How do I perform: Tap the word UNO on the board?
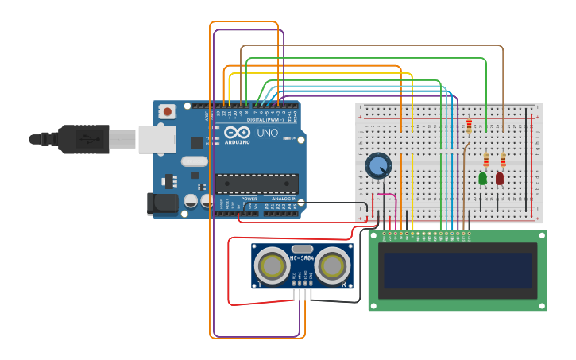[x=268, y=133]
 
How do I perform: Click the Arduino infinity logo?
[x=237, y=133]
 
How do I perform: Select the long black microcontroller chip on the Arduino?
[x=257, y=184]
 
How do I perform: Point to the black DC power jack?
[x=164, y=203]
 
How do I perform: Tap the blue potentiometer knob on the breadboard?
[x=379, y=166]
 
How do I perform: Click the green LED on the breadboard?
[x=482, y=179]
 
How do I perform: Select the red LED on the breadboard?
[x=500, y=179]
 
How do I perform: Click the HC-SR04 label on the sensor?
[x=302, y=258]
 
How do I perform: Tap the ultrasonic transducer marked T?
[x=271, y=265]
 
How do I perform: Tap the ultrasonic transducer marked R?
[x=334, y=265]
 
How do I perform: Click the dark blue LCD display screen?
[x=457, y=270]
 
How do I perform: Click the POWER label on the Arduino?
[x=249, y=199]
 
